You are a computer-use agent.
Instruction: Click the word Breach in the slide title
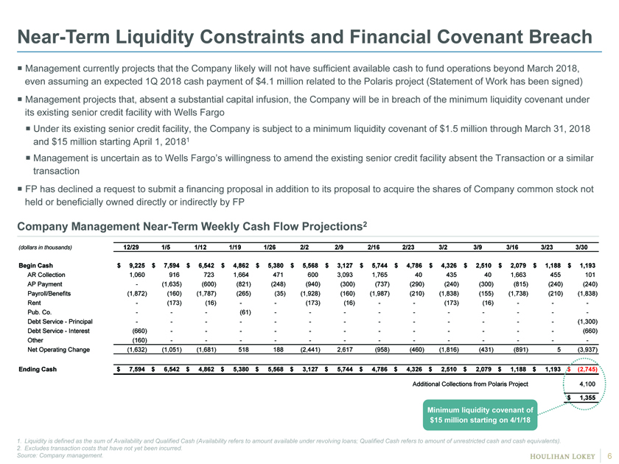[560, 37]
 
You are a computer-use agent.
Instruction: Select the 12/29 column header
[131, 247]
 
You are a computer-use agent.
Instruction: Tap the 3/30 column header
[581, 247]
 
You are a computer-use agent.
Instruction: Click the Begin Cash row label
[35, 266]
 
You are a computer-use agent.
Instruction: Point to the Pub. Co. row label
[40, 312]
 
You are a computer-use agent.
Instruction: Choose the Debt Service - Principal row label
[60, 322]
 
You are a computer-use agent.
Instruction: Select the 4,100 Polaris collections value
[587, 384]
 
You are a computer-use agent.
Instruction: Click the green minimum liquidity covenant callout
[480, 415]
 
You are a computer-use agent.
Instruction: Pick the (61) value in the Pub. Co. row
[245, 312]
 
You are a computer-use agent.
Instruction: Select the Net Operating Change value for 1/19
[244, 350]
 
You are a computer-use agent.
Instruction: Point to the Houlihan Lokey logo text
[562, 456]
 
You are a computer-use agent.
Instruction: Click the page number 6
[609, 455]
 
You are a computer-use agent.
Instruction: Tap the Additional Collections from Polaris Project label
[470, 384]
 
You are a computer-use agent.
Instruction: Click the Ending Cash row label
[38, 369]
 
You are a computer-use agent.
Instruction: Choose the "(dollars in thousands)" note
[45, 247]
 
